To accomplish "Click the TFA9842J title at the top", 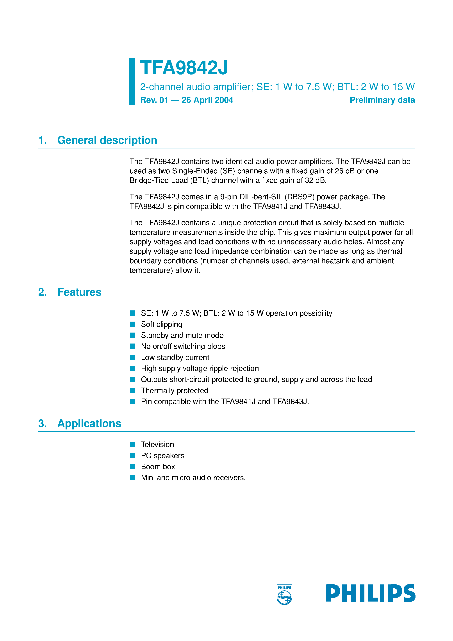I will pos(184,68).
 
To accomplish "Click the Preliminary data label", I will pos(382,100).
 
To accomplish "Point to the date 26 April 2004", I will pos(207,100).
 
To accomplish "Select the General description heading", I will pos(107,140).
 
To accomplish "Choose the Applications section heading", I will pos(89,423).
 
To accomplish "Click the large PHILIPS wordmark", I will pos(370,593).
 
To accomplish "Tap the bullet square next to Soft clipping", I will pos(132,324).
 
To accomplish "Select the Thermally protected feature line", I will pos(174,390).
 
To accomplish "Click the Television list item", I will pos(157,444).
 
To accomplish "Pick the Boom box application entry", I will pos(158,467).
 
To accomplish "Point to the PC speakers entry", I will pos(162,455).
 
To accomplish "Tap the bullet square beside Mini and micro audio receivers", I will pos(132,477).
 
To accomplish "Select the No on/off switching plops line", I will pos(183,346).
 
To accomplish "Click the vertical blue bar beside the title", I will pos(132,82).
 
